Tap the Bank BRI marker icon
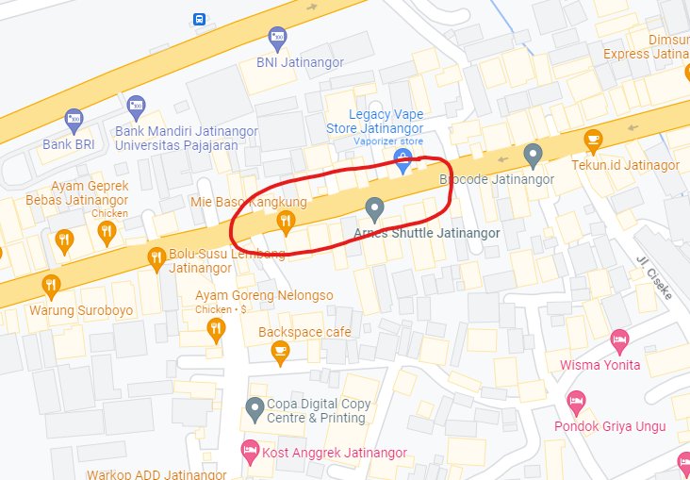coord(74,120)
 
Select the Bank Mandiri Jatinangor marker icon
coord(136,105)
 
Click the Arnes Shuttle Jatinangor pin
coord(374,208)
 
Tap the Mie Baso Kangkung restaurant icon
coord(285,223)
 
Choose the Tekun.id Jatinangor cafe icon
coord(592,141)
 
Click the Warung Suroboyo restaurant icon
coord(51,286)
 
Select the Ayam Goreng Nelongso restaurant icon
coord(216,328)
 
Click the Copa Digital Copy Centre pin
coord(254,409)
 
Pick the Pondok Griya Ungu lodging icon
coord(576,403)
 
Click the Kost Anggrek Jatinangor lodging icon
coord(249,451)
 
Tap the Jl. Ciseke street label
coord(654,279)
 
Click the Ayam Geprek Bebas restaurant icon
coord(64,240)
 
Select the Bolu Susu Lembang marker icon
coord(156,258)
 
